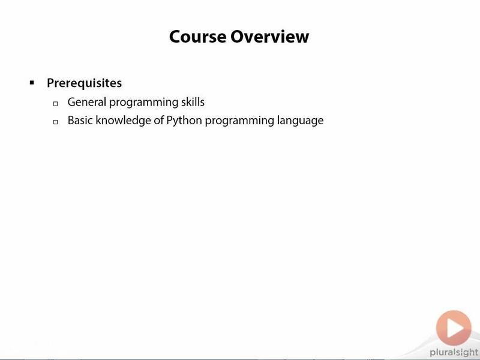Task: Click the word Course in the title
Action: [x=198, y=37]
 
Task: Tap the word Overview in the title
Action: [x=269, y=37]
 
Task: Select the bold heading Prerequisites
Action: [x=84, y=83]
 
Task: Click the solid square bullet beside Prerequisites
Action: [x=32, y=82]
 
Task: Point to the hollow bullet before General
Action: [x=55, y=104]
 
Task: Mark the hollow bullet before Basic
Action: [x=55, y=122]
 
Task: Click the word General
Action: [x=86, y=102]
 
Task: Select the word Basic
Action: [x=80, y=120]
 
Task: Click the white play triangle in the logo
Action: [x=455, y=328]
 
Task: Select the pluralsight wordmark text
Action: [x=454, y=353]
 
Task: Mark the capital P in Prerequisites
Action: [x=50, y=83]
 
